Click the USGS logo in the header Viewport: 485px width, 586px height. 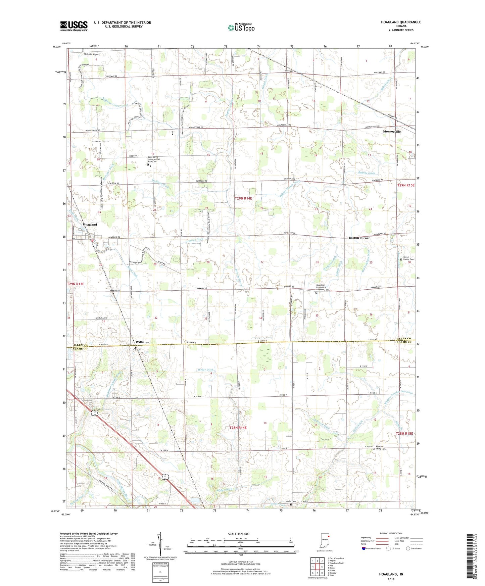click(74, 26)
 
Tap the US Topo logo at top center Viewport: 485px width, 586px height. click(241, 27)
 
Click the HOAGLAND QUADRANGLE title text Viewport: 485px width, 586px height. click(401, 22)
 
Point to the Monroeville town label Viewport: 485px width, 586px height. click(392, 132)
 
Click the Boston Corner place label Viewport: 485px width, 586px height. click(359, 238)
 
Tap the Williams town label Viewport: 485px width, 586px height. click(142, 342)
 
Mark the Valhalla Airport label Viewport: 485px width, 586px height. click(92, 54)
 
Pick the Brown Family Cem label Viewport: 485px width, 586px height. click(408, 259)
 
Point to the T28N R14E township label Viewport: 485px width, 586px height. click(238, 428)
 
